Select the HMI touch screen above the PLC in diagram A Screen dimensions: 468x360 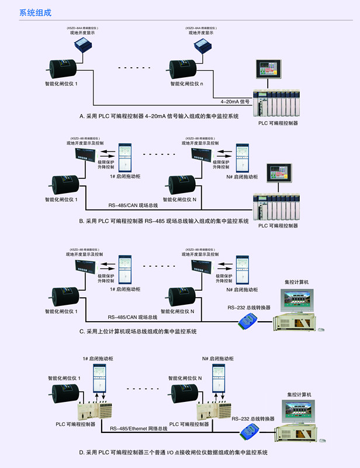tap(269, 69)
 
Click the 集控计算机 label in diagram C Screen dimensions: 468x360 tap(296, 282)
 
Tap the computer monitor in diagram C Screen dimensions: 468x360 tap(299, 300)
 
